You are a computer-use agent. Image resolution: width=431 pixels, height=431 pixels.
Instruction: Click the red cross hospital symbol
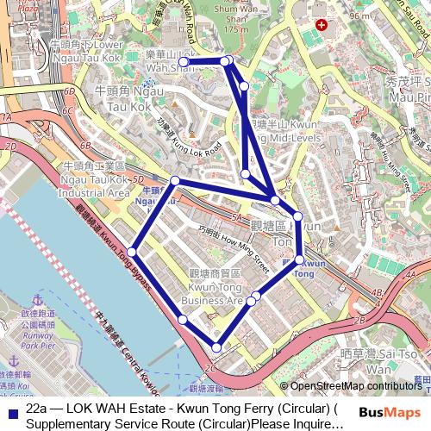point(321,27)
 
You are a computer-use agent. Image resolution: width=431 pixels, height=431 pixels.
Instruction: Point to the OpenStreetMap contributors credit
point(354,386)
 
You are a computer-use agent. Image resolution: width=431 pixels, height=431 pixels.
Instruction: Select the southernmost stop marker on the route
point(216,347)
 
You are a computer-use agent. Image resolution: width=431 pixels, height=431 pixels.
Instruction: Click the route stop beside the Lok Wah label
point(184,61)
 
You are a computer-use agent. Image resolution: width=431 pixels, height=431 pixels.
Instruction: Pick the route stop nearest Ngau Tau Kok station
point(175,180)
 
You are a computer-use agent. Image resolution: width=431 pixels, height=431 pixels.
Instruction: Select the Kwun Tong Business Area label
point(215,287)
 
